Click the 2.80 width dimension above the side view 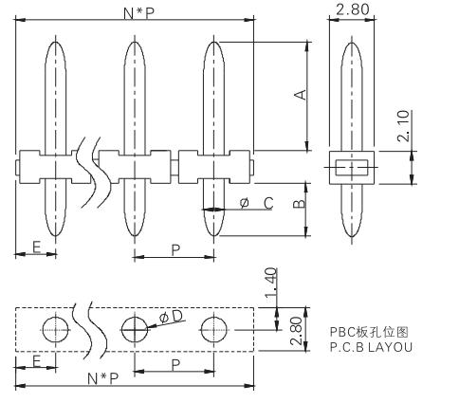pyautogui.click(x=353, y=9)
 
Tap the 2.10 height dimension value pyautogui.click(x=403, y=126)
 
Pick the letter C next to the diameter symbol pyautogui.click(x=268, y=203)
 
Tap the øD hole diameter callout pyautogui.click(x=172, y=317)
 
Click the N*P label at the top pyautogui.click(x=139, y=13)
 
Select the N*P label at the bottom pyautogui.click(x=103, y=378)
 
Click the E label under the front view pyautogui.click(x=37, y=247)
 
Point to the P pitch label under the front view pyautogui.click(x=175, y=250)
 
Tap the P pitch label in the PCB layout pyautogui.click(x=175, y=365)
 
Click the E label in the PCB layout pyautogui.click(x=37, y=361)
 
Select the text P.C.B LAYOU pyautogui.click(x=371, y=347)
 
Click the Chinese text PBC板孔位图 pyautogui.click(x=369, y=332)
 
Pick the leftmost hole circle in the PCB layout pyautogui.click(x=56, y=317)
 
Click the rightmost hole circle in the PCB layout pyautogui.click(x=214, y=317)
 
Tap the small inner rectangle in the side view pyautogui.click(x=352, y=160)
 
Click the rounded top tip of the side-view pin pyautogui.click(x=352, y=43)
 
